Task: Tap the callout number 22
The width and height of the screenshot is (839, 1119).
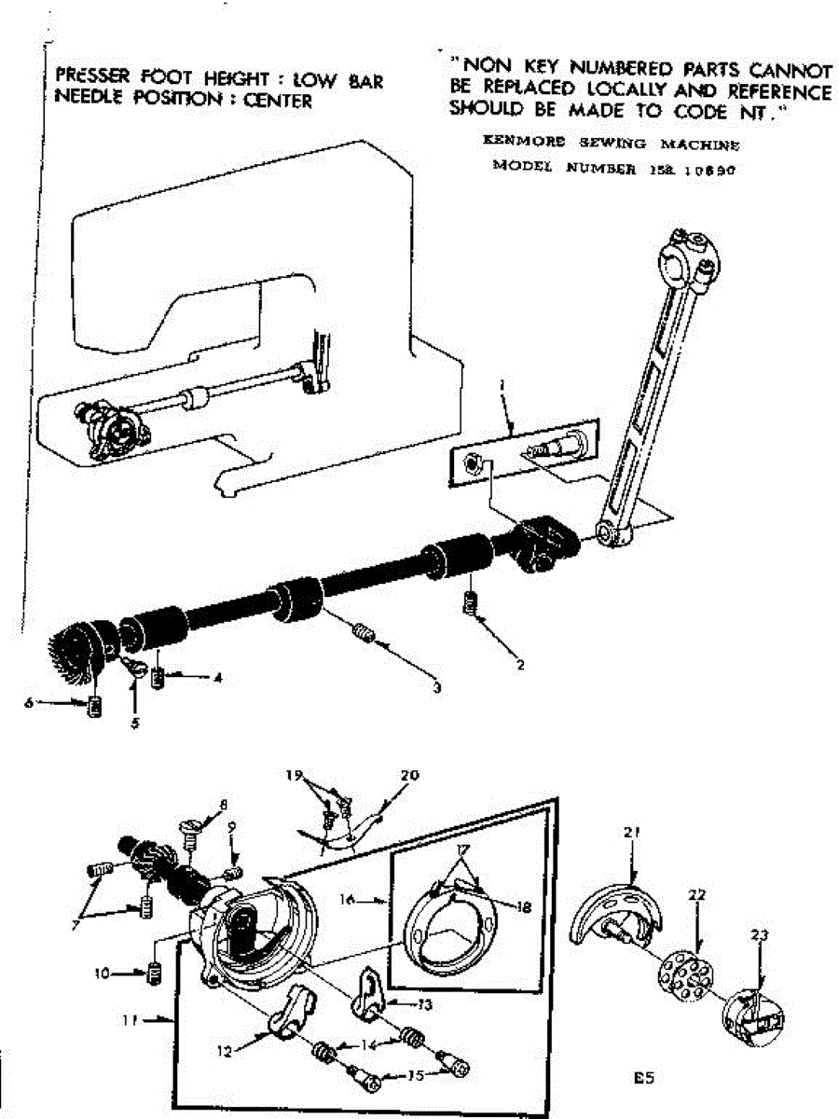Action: (697, 895)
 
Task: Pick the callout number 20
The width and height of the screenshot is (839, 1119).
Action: (410, 775)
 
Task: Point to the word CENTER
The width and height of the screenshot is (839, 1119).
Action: (278, 101)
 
